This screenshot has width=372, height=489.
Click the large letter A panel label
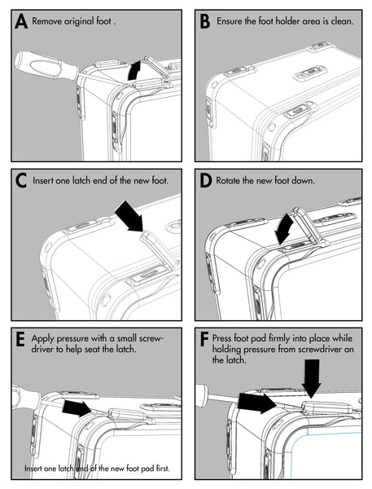[x=21, y=21]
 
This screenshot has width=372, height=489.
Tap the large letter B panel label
[x=205, y=21]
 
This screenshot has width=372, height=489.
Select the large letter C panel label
[x=21, y=181]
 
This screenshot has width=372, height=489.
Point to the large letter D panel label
[x=205, y=181]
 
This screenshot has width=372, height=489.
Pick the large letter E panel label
[x=20, y=340]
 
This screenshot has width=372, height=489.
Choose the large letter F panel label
[x=204, y=340]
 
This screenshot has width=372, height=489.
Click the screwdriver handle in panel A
[x=45, y=66]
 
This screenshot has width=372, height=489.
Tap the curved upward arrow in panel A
[x=134, y=71]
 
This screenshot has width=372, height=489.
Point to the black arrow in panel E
[x=77, y=408]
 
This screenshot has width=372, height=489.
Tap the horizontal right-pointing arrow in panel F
[x=257, y=403]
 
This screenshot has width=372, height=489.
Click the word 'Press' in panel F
[x=222, y=338]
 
